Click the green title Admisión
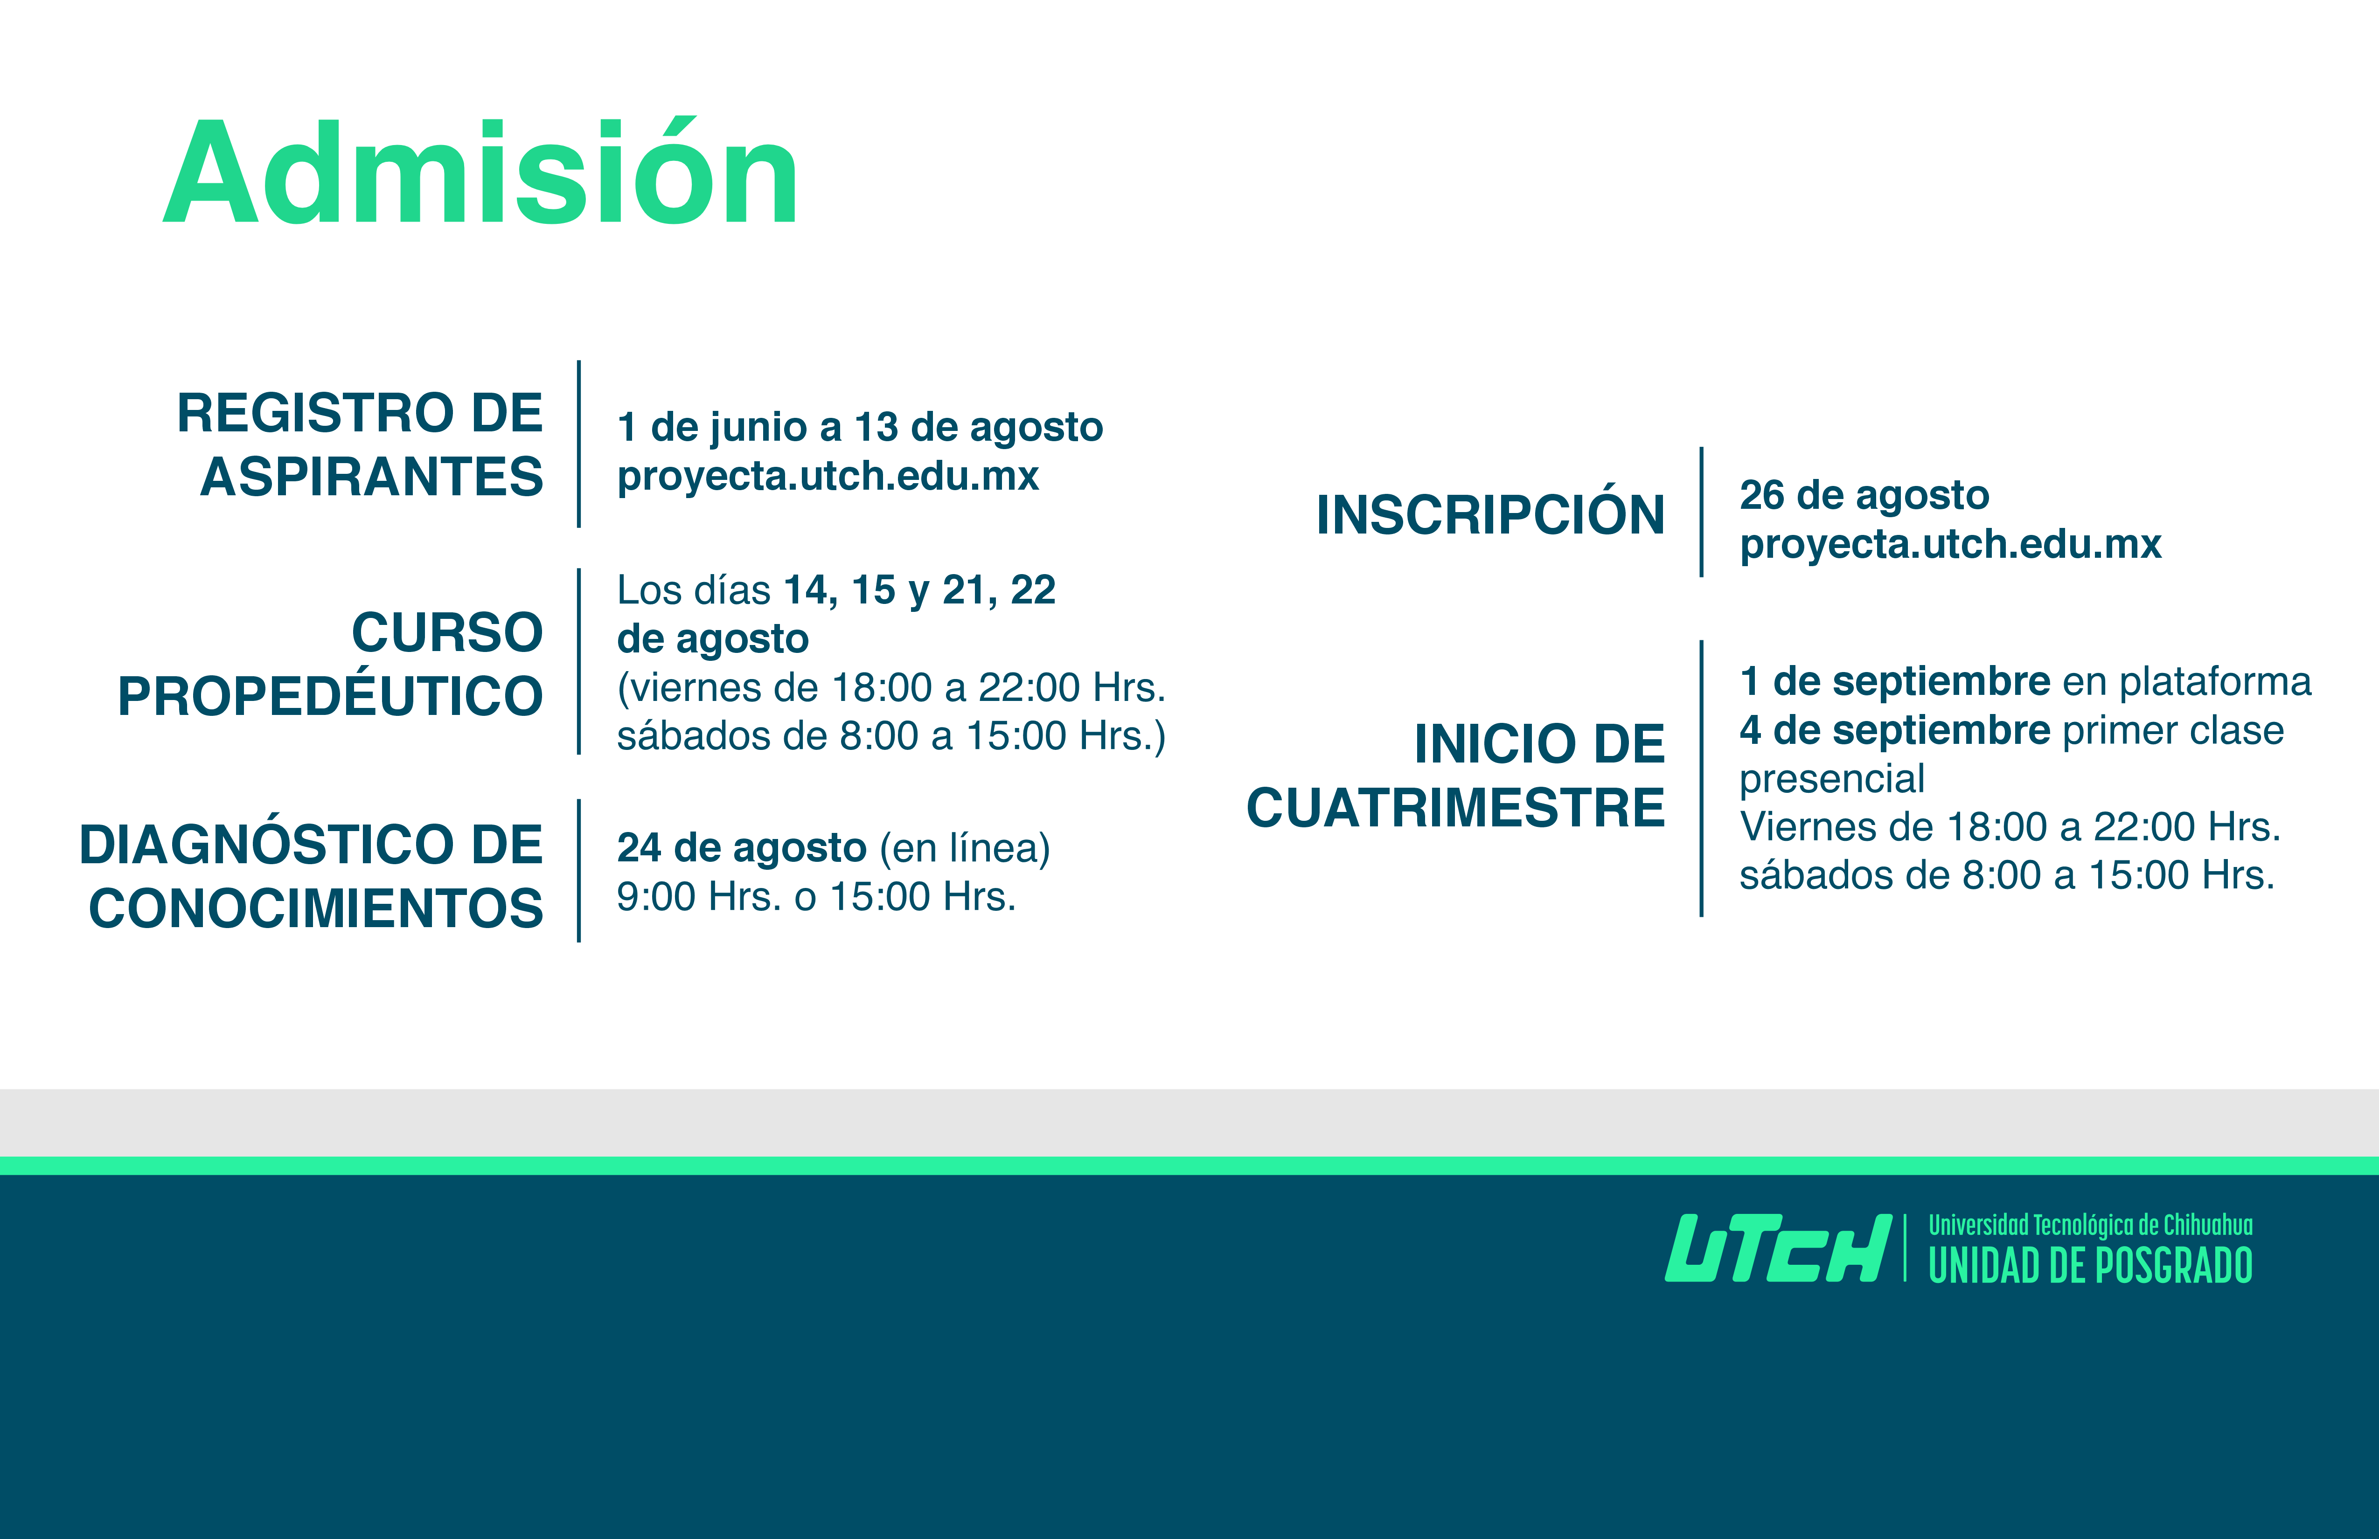[481, 172]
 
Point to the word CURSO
[447, 632]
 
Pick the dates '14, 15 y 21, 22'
[919, 590]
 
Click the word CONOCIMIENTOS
[316, 908]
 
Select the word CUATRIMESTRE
[1455, 807]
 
